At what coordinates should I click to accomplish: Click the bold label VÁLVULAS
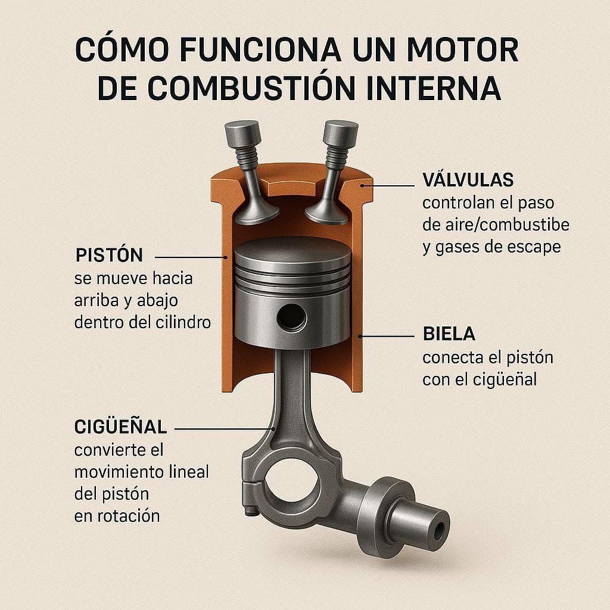point(468,179)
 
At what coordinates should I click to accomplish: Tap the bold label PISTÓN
point(110,255)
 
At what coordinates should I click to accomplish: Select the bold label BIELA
point(449,334)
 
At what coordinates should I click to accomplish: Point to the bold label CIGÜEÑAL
point(120,427)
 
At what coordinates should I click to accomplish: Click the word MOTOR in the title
point(462,50)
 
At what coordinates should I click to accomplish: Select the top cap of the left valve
point(242,133)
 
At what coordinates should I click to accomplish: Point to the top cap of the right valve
point(341,133)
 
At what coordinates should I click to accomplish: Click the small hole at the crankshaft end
point(440,530)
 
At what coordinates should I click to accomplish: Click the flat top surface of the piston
point(292,250)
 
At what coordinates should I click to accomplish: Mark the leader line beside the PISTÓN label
point(191,257)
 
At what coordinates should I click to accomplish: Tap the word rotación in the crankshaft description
point(129,516)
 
